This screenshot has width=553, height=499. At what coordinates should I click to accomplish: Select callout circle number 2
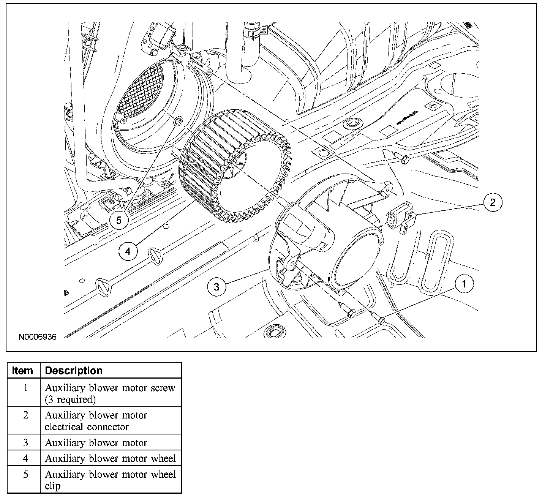click(493, 202)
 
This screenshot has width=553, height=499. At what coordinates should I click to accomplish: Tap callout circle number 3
click(216, 286)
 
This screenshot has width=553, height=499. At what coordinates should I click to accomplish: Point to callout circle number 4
click(128, 251)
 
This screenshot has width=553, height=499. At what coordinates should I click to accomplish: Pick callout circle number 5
click(119, 220)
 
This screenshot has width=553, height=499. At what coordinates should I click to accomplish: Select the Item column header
click(23, 371)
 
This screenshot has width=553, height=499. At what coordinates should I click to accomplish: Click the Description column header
click(74, 371)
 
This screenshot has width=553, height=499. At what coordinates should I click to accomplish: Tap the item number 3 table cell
click(25, 442)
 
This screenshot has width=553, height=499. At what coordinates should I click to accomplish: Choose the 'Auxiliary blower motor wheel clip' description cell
click(110, 480)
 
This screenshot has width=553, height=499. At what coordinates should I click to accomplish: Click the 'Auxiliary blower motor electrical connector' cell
click(96, 421)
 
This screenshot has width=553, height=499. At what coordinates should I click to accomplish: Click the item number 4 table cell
click(25, 458)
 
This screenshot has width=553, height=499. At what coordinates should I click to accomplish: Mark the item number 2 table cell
click(25, 415)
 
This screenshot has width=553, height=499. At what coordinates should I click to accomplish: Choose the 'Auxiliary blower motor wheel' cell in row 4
click(110, 458)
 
